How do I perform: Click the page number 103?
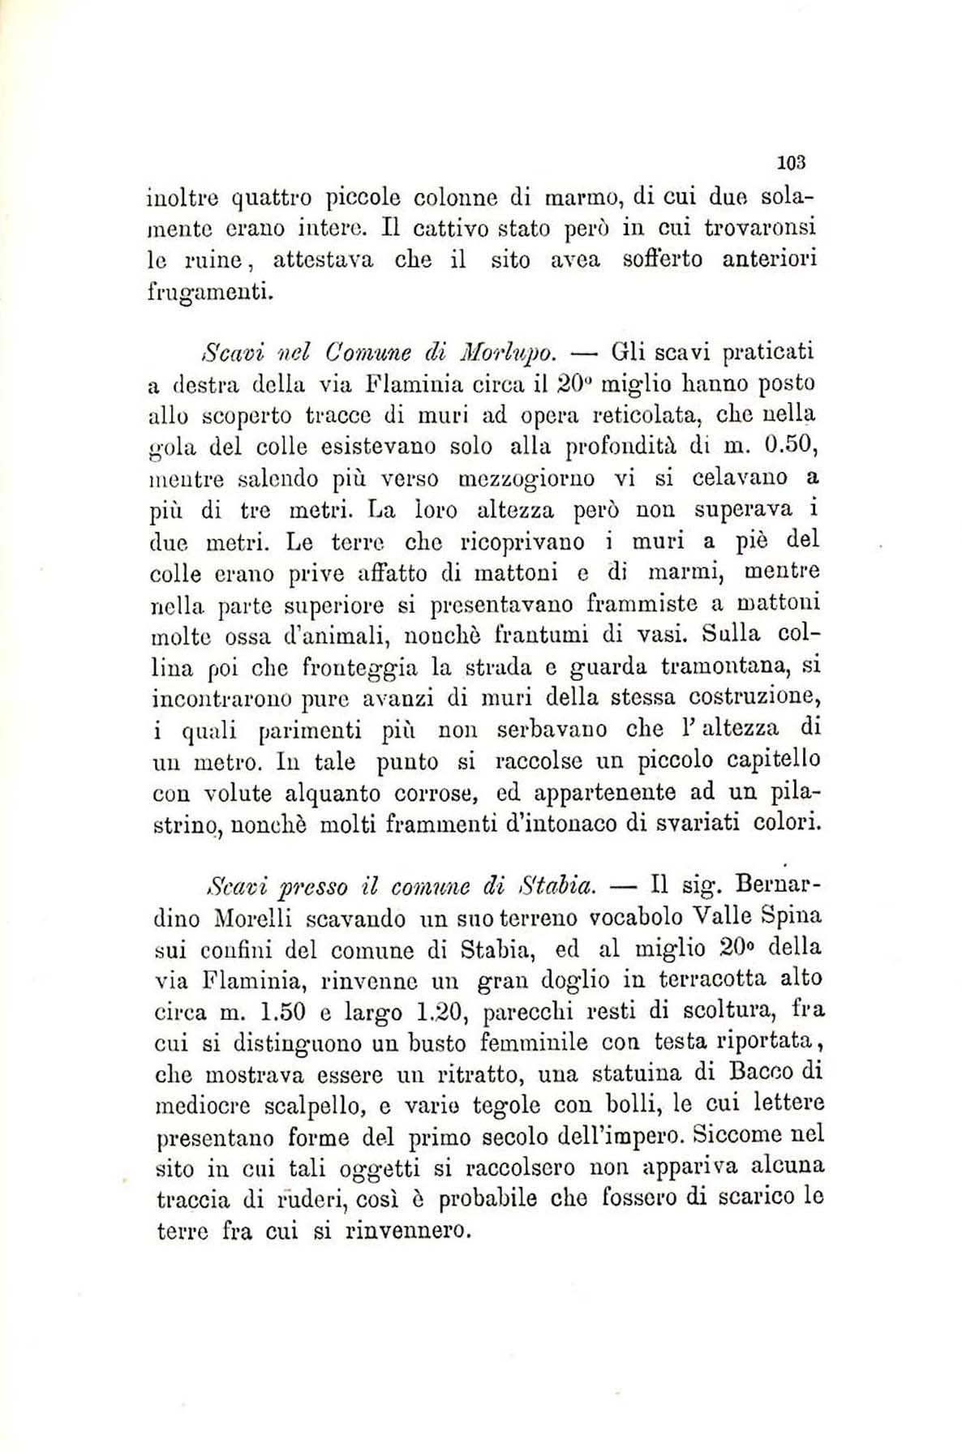pos(790,161)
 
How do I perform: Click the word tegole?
pos(507,1104)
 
